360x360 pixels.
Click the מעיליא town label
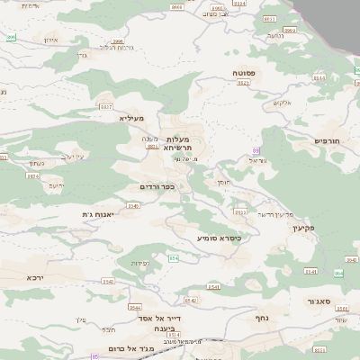130,117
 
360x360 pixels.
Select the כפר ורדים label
157,186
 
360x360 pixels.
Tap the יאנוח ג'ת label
94,214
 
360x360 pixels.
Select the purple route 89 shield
256,150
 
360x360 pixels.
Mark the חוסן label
223,183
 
